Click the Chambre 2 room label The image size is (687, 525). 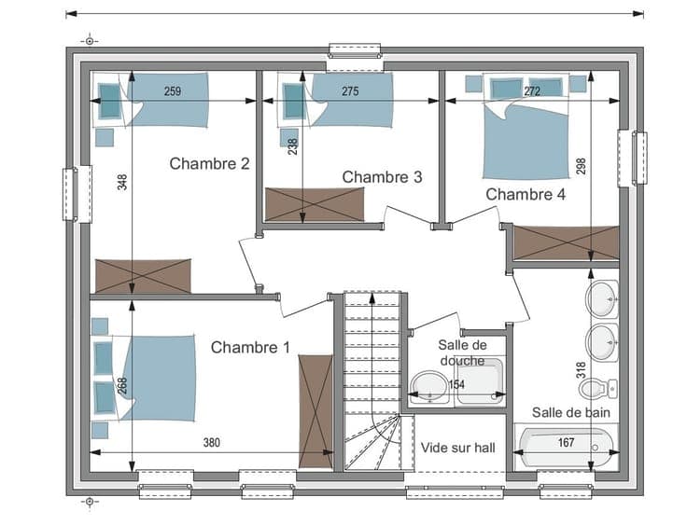pyautogui.click(x=209, y=164)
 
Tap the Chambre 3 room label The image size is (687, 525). pyautogui.click(x=382, y=177)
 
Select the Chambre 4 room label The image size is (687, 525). pyautogui.click(x=526, y=194)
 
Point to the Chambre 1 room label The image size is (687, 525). pyautogui.click(x=250, y=347)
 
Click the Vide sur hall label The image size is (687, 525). pyautogui.click(x=458, y=448)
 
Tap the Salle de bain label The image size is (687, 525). pyautogui.click(x=571, y=412)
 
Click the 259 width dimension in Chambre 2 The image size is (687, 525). pyautogui.click(x=173, y=91)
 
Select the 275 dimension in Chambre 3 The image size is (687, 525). pyautogui.click(x=350, y=91)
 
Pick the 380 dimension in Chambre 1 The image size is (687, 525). pyautogui.click(x=211, y=443)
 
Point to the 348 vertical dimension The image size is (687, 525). pyautogui.click(x=122, y=182)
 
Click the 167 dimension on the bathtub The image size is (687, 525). pyautogui.click(x=566, y=442)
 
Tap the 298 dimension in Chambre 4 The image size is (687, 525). pyautogui.click(x=581, y=166)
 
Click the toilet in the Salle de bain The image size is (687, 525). pyautogui.click(x=598, y=388)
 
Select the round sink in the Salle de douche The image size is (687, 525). pyautogui.click(x=429, y=388)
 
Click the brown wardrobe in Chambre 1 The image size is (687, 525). pyautogui.click(x=315, y=411)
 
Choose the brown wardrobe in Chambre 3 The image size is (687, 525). pyautogui.click(x=315, y=204)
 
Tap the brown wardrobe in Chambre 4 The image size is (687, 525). pyautogui.click(x=566, y=242)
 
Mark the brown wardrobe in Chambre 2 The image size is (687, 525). pyautogui.click(x=143, y=276)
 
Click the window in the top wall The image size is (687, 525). pyautogui.click(x=355, y=50)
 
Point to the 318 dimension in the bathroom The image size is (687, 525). pyautogui.click(x=581, y=370)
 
